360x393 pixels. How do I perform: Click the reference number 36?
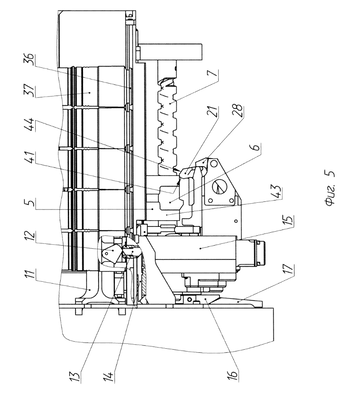pyautogui.click(x=30, y=59)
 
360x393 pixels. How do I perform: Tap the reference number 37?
pyautogui.click(x=30, y=90)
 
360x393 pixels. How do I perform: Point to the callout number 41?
pyautogui.click(x=30, y=160)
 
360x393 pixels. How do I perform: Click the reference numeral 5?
pyautogui.click(x=30, y=203)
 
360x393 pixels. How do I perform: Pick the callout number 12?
pyautogui.click(x=30, y=237)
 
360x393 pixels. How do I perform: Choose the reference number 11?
pyautogui.click(x=30, y=275)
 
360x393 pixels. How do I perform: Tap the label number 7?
pyautogui.click(x=214, y=73)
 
